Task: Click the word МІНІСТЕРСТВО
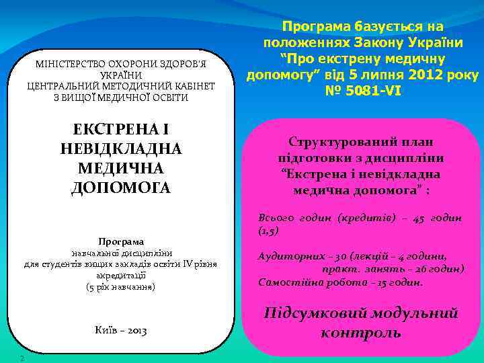click(x=67, y=65)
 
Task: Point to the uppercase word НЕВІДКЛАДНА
click(x=121, y=149)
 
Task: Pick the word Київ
click(x=107, y=331)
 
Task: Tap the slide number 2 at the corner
click(x=22, y=358)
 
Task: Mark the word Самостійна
click(x=290, y=282)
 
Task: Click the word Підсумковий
click(x=314, y=314)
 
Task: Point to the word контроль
click(x=362, y=333)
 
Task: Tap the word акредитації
click(x=121, y=275)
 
